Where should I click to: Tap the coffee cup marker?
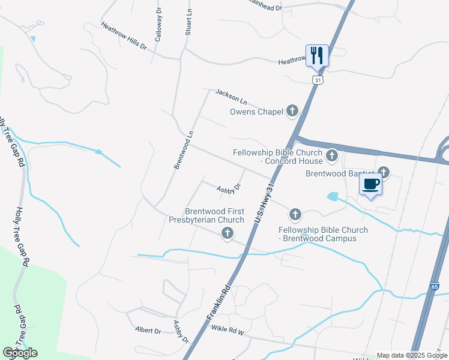(x=370, y=184)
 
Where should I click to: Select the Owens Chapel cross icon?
(x=292, y=110)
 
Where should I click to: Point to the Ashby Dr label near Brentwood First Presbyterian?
(x=228, y=188)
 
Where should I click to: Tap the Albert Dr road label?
(x=148, y=331)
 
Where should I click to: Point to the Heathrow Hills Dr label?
(x=124, y=35)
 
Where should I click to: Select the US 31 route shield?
(x=317, y=80)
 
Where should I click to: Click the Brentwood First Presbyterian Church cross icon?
(x=227, y=233)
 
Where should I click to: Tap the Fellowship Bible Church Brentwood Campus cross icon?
(x=295, y=214)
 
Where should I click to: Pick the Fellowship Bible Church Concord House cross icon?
(x=332, y=157)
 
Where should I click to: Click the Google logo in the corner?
(x=20, y=353)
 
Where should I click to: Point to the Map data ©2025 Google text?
(x=411, y=355)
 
